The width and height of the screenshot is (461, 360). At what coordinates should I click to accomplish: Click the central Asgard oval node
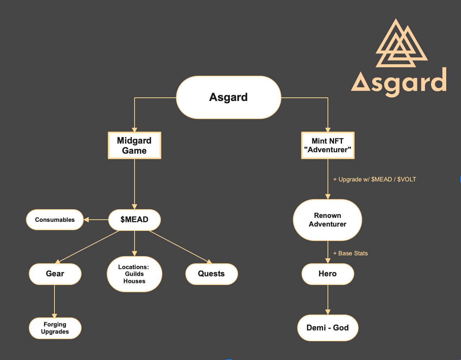coord(228,97)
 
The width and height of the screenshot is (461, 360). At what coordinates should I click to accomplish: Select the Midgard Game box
coord(135,145)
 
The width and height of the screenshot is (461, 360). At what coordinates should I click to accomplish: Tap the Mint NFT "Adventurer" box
coord(328,145)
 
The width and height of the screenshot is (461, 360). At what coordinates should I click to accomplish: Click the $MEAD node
coord(135,220)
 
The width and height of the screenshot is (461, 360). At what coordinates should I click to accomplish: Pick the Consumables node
coord(55,220)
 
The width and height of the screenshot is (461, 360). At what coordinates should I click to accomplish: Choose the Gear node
coord(55,274)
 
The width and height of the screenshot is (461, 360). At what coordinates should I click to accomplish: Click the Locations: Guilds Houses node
coord(135,274)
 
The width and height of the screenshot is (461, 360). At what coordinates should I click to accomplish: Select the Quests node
coord(211,274)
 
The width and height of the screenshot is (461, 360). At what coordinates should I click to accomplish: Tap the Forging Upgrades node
coord(55,328)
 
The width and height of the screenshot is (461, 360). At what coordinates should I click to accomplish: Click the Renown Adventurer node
coord(328,220)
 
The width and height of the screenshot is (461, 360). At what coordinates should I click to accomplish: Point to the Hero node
coord(328,274)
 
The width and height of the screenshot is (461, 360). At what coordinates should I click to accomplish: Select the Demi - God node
coord(328,328)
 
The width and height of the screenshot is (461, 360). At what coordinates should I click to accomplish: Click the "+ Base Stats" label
coord(351,253)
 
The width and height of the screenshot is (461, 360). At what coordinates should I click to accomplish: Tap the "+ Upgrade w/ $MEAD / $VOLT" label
coord(374,180)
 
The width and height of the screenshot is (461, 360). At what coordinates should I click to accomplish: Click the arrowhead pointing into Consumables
coord(86,220)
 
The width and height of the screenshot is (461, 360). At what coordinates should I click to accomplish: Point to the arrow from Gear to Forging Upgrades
coord(54,301)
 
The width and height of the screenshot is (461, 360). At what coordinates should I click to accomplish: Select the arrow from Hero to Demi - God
coord(328,300)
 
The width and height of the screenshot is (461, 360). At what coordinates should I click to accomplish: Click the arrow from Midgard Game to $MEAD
coord(135,184)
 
